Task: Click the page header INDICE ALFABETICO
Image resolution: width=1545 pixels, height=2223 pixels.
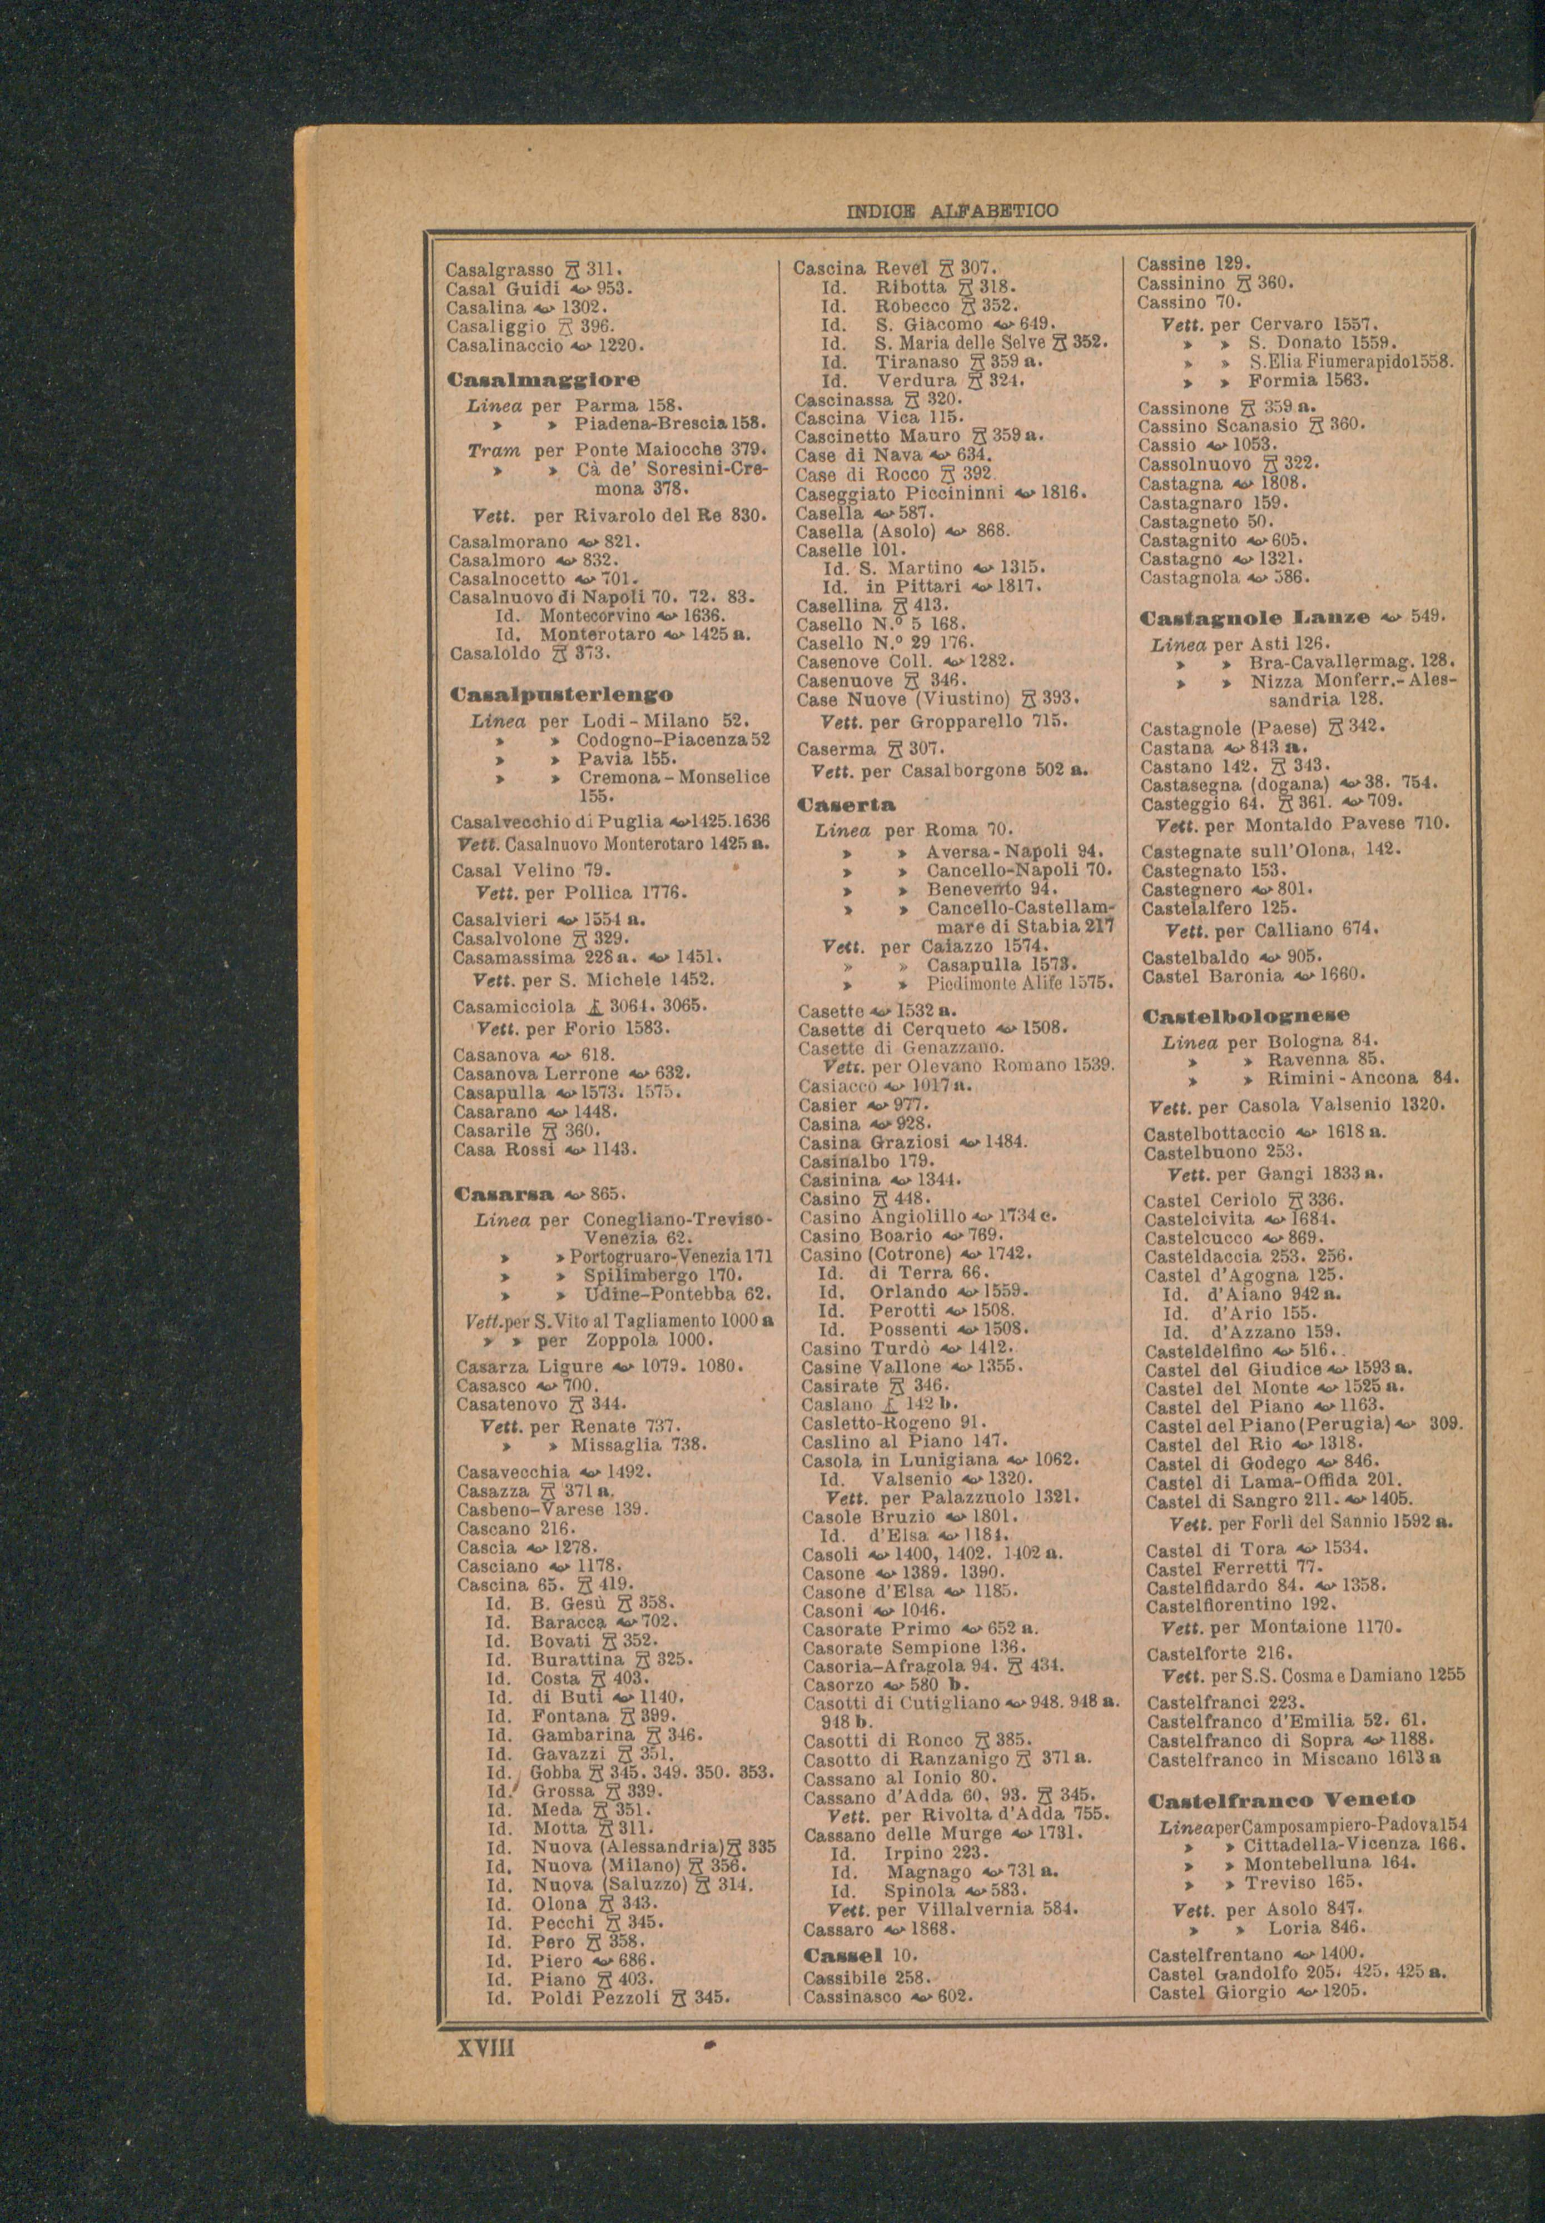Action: point(952,210)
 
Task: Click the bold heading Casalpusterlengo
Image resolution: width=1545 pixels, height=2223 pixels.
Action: point(563,695)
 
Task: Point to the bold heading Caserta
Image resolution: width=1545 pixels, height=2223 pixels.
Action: point(846,804)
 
